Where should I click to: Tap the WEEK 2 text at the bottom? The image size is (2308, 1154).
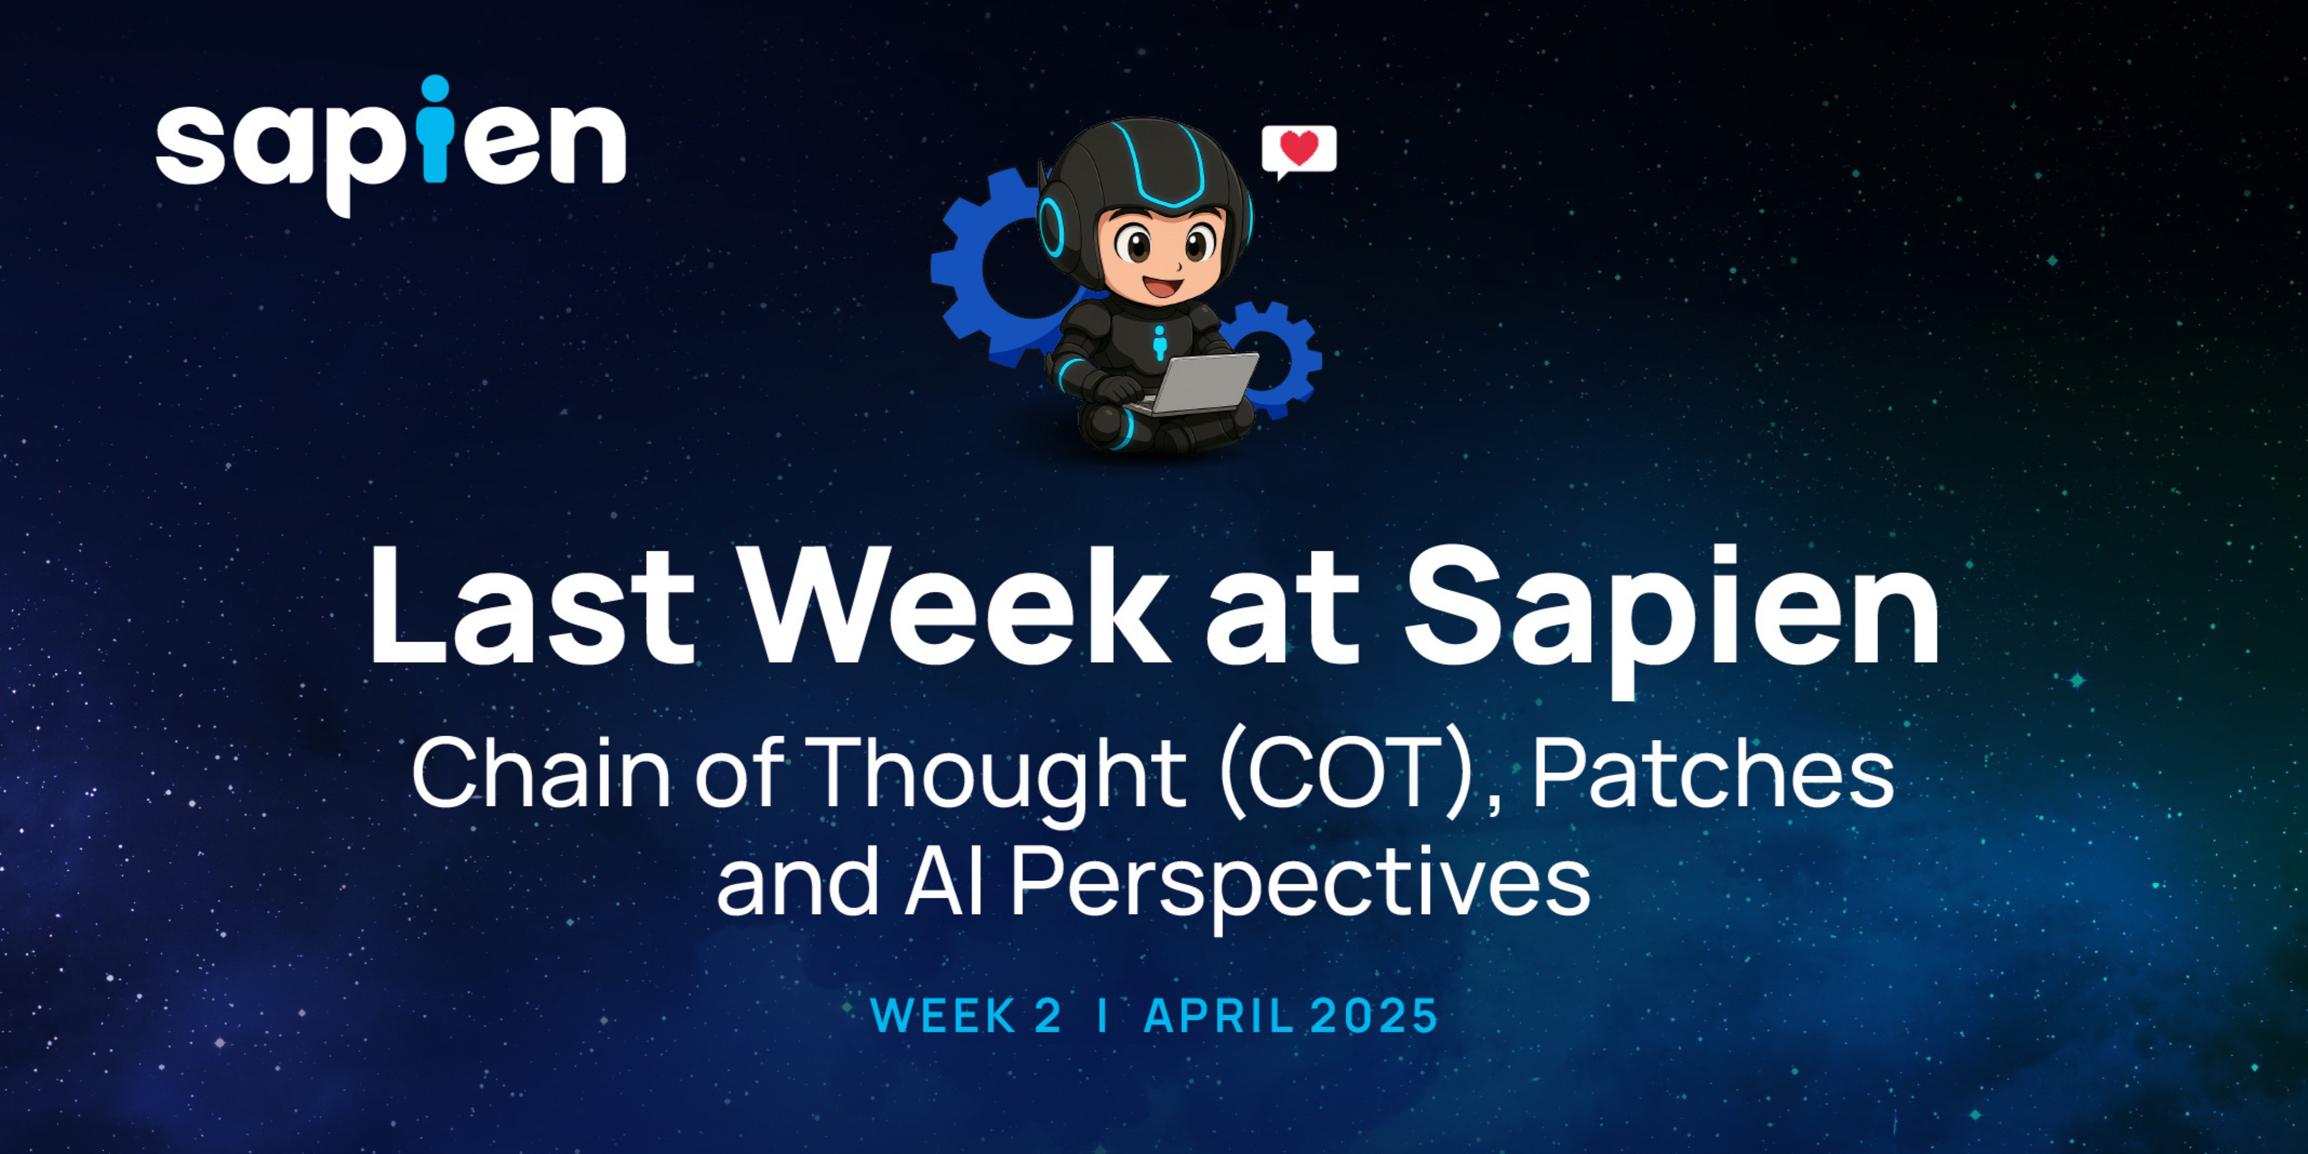966,1015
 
